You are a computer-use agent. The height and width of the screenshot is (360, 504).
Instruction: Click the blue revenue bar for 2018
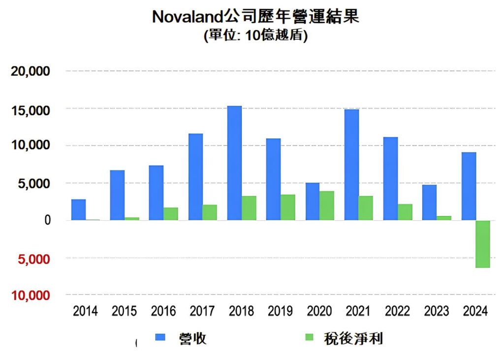(x=234, y=163)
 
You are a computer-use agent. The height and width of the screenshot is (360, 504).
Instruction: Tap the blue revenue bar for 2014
(x=78, y=210)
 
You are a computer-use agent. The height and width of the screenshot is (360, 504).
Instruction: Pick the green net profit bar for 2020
(x=326, y=205)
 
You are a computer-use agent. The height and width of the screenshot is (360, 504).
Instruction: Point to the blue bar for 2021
(x=351, y=164)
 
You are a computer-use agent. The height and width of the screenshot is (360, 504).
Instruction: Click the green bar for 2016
(x=171, y=214)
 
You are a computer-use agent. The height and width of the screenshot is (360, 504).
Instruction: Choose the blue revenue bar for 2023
(x=429, y=202)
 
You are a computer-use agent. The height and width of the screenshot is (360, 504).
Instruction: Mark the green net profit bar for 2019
(x=288, y=207)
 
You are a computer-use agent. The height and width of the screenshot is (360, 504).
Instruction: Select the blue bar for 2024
(x=469, y=186)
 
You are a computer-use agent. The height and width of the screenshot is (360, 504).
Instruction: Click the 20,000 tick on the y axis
(x=31, y=71)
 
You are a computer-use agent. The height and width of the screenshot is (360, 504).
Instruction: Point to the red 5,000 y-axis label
(x=34, y=259)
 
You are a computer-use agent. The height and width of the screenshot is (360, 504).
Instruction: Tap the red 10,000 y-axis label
(x=31, y=295)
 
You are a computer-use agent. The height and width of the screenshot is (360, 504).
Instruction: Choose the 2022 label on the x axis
(x=397, y=311)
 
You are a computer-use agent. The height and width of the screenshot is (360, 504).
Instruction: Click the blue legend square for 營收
(x=161, y=337)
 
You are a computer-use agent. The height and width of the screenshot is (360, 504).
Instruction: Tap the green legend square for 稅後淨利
(x=310, y=337)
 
